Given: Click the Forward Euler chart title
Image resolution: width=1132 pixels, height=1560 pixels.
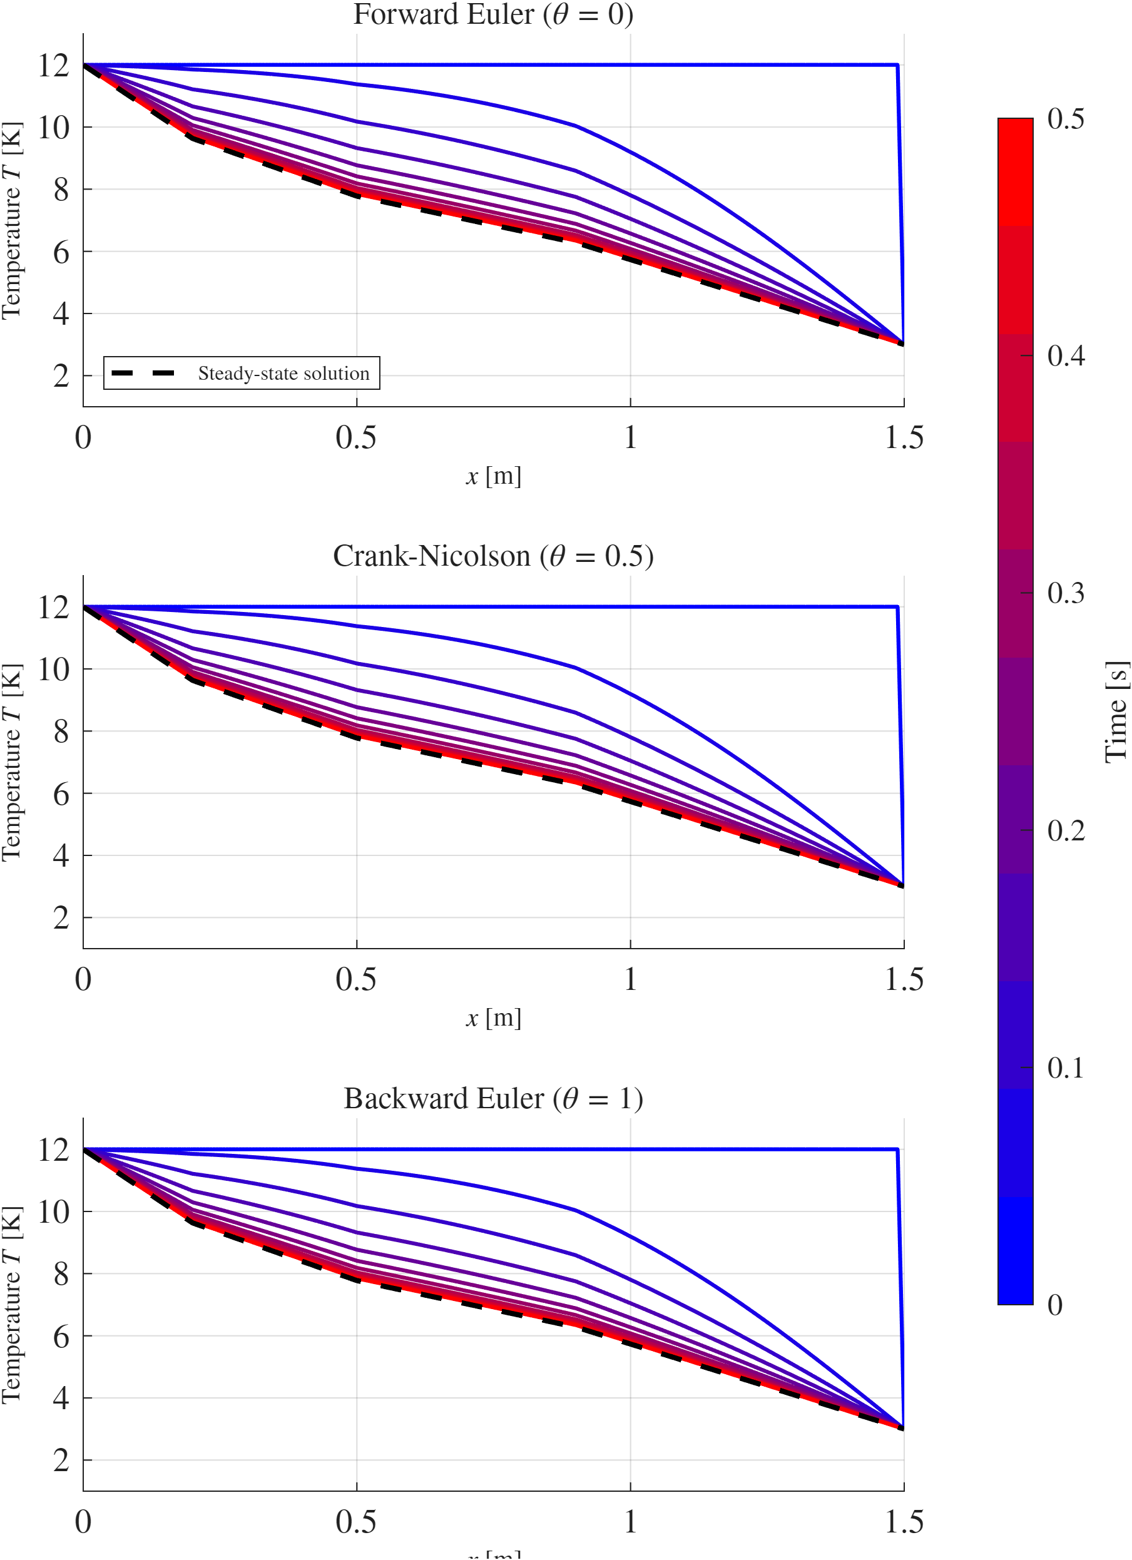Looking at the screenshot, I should coord(493,14).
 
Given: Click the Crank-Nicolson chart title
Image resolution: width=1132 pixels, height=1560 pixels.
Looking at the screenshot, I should coord(493,556).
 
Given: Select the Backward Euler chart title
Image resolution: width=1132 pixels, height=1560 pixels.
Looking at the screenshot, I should coord(493,1098).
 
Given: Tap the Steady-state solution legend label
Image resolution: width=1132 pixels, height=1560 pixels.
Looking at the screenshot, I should coord(283,374).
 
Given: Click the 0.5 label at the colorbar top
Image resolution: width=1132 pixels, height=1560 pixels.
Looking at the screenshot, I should coord(1065,119).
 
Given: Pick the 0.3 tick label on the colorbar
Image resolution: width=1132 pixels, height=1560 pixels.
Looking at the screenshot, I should coord(1065,593).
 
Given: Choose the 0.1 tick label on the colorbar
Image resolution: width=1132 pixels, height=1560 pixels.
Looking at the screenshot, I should coord(1065,1068).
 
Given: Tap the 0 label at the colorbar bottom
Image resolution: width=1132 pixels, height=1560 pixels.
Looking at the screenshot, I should coord(1055,1304).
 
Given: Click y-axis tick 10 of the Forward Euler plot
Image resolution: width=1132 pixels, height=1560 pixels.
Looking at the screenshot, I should coord(54,128).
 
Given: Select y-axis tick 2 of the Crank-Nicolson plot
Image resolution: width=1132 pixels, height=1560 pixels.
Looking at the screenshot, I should coord(61,918).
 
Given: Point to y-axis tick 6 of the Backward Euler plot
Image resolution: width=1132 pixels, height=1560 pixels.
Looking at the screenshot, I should coord(61,1337).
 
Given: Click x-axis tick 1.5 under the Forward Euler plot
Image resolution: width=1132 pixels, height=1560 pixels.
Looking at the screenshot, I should coord(904,437).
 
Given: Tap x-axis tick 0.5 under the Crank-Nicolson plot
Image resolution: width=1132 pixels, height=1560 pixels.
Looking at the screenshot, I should coord(355,979).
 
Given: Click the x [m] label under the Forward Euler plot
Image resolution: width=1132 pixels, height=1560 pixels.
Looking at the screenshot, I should coord(493,476).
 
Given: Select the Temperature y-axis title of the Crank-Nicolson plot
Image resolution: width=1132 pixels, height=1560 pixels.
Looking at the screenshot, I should coord(13,762).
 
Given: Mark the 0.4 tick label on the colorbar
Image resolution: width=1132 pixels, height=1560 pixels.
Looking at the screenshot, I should coord(1065,355).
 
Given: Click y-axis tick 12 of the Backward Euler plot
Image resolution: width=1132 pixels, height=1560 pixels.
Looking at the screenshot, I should coord(54,1150).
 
